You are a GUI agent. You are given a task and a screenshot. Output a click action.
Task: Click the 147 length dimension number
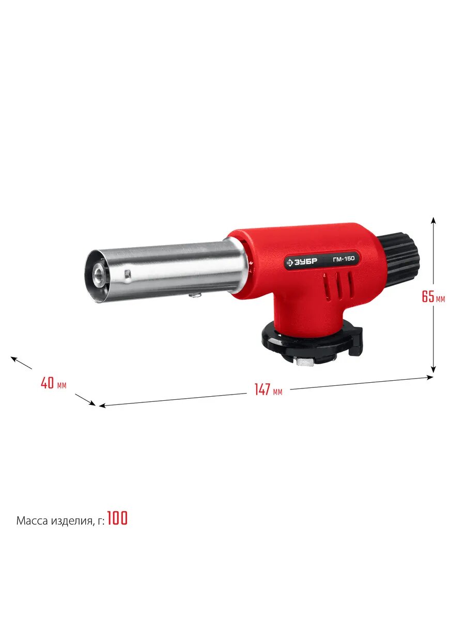click(262, 389)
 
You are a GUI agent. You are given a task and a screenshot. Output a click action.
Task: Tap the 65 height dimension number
click(428, 297)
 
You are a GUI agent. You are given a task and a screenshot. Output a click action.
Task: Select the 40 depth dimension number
click(47, 383)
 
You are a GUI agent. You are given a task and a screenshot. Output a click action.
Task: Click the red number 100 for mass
click(117, 518)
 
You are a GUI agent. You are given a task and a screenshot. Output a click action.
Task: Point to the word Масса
click(32, 520)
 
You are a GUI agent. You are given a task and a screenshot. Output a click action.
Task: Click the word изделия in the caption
click(72, 521)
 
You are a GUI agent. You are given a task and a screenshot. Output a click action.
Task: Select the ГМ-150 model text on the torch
click(344, 258)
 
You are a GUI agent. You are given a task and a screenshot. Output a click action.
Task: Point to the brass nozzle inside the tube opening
click(99, 273)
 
